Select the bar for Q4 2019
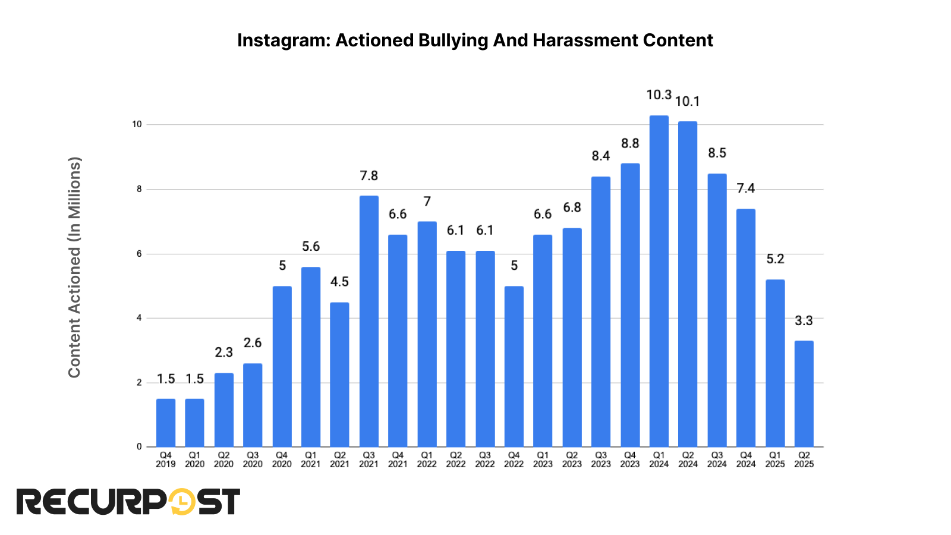pyautogui.click(x=166, y=423)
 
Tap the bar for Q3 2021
pyautogui.click(x=369, y=321)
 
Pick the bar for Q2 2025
pyautogui.click(x=804, y=394)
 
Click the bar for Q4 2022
pyautogui.click(x=514, y=366)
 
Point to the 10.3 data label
pyautogui.click(x=659, y=95)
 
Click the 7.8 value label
pyautogui.click(x=369, y=176)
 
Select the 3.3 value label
pyautogui.click(x=804, y=321)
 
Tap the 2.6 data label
pyautogui.click(x=253, y=343)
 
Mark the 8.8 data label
pyautogui.click(x=630, y=144)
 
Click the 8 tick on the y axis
pyautogui.click(x=139, y=189)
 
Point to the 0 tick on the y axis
pyautogui.click(x=139, y=446)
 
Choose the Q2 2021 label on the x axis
pyautogui.click(x=339, y=460)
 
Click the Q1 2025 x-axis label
pyautogui.click(x=774, y=460)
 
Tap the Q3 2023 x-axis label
pyautogui.click(x=600, y=460)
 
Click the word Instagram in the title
pyautogui.click(x=282, y=40)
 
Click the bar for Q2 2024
pyautogui.click(x=688, y=284)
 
